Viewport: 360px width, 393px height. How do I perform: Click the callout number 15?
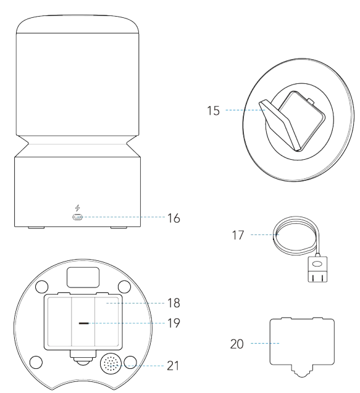click(213, 110)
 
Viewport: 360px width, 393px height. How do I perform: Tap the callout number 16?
click(174, 218)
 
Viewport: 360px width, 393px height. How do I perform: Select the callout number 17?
click(238, 235)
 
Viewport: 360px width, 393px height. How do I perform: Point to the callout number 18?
click(174, 303)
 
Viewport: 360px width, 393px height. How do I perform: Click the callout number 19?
click(174, 323)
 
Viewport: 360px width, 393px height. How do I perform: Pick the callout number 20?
click(237, 344)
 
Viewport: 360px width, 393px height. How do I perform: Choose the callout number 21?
click(173, 366)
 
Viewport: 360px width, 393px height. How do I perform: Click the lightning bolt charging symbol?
click(78, 208)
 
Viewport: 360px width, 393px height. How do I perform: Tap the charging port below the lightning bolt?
click(78, 217)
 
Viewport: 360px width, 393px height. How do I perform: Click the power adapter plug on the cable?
click(317, 269)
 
